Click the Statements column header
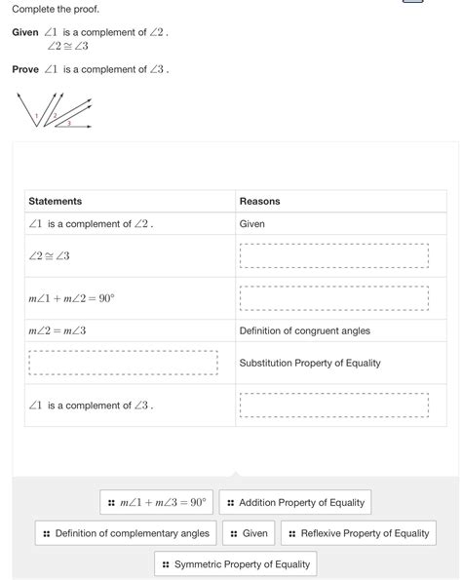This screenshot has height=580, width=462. click(56, 201)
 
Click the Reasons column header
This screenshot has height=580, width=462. click(259, 201)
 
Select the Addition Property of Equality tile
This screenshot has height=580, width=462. click(295, 503)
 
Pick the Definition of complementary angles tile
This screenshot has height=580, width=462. click(126, 533)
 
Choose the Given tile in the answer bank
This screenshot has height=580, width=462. click(249, 533)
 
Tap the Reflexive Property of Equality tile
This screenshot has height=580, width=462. click(359, 533)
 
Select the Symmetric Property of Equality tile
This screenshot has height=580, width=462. click(236, 564)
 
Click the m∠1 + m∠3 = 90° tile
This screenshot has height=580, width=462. click(157, 503)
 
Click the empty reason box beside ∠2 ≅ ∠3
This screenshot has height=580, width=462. click(334, 255)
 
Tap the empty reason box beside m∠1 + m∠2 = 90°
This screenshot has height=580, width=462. click(334, 298)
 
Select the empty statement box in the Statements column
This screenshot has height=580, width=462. click(123, 363)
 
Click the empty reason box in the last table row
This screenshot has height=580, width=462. click(334, 406)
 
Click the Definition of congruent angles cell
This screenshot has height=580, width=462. click(305, 330)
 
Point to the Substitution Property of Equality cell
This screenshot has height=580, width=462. click(310, 363)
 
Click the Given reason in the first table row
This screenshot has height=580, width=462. click(252, 223)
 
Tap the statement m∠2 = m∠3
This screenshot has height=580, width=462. click(58, 330)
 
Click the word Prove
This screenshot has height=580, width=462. click(25, 69)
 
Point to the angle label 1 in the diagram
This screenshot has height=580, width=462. click(36, 116)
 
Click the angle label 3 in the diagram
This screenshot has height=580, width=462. click(68, 123)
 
